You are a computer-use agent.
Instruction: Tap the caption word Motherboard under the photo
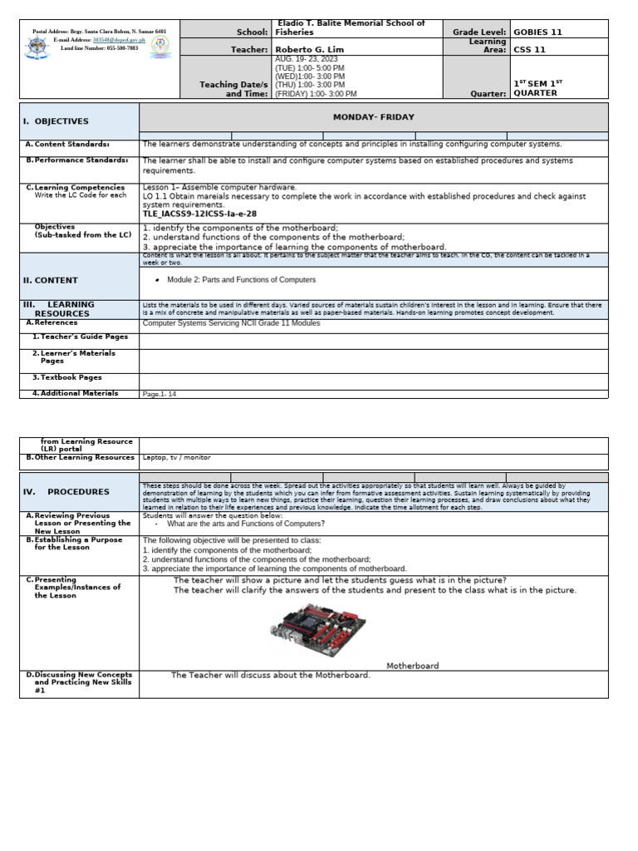click(x=412, y=666)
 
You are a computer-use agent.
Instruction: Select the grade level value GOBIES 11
click(x=537, y=32)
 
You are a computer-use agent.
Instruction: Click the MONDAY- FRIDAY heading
click(x=373, y=117)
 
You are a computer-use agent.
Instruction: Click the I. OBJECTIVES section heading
click(x=56, y=121)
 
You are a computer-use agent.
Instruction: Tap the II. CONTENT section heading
click(x=51, y=281)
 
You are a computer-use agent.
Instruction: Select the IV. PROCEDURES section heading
click(x=67, y=492)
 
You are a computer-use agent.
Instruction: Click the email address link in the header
click(x=111, y=39)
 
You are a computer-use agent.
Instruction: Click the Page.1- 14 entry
click(x=159, y=394)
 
